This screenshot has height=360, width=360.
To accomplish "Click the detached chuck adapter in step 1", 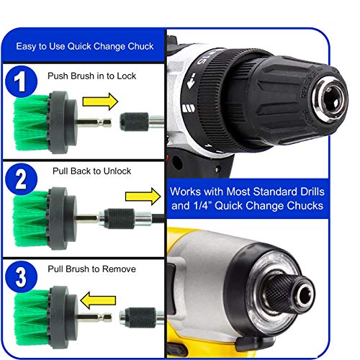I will tap(134, 117).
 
